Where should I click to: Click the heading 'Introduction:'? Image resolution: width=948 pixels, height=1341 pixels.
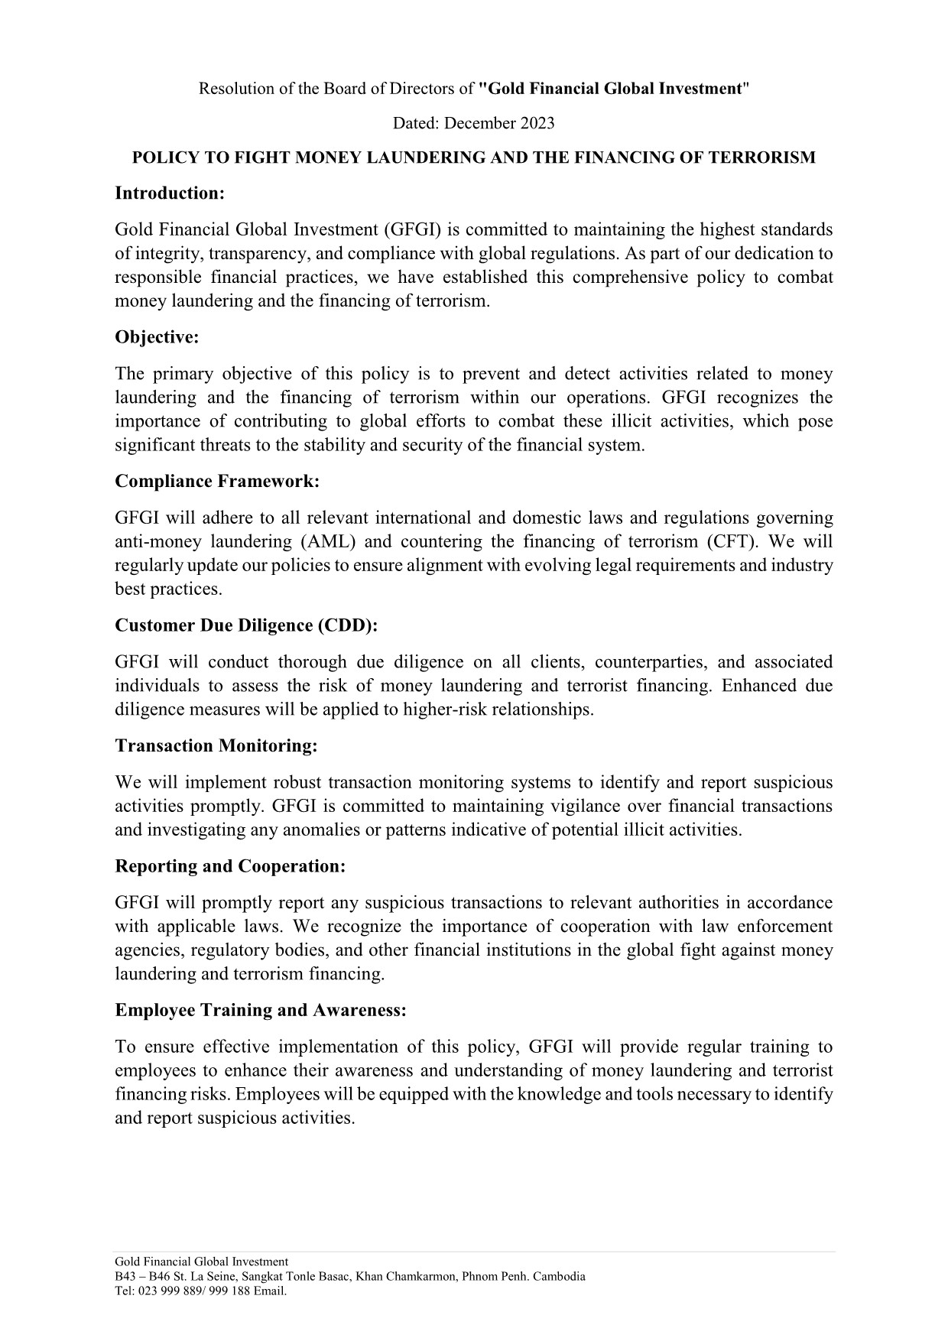coord(169,193)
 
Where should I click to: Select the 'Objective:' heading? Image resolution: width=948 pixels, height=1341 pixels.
coord(157,337)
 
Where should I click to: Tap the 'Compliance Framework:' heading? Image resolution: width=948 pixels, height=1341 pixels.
coord(217,482)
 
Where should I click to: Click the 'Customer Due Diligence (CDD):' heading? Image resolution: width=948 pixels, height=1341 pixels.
coord(246,625)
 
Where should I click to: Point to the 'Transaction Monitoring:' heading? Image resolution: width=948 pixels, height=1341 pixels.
coord(216,746)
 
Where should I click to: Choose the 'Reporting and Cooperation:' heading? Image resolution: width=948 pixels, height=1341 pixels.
coord(230,866)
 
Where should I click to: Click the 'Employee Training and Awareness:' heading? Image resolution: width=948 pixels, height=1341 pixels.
coord(260,1011)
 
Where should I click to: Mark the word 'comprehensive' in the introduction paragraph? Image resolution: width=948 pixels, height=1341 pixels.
coord(631,277)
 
